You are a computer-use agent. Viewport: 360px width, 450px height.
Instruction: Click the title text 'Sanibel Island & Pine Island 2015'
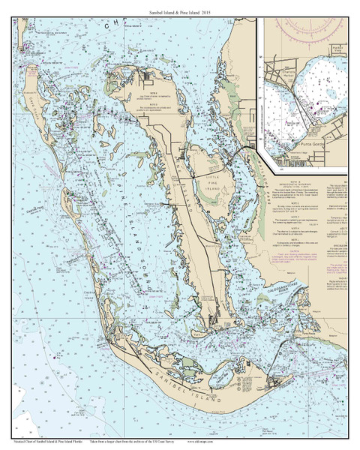point(180,7)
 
